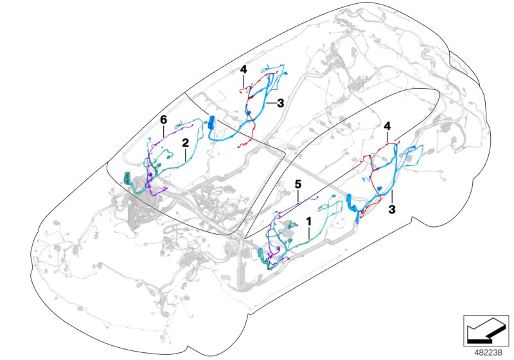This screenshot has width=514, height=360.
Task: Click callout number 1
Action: coord(309,221)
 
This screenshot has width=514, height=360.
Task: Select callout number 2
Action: coord(184,143)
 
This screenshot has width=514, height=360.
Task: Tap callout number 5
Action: coord(297,184)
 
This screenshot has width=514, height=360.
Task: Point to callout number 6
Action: coord(163,120)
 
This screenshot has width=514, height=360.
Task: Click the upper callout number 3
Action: coord(280,102)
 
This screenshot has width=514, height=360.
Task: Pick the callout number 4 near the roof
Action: coord(244,69)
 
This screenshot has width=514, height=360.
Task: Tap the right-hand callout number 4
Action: coord(387,127)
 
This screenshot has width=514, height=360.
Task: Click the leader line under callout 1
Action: coord(309,233)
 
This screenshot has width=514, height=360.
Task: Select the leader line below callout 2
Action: coord(184,154)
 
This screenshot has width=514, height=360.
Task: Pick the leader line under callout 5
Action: coord(297,195)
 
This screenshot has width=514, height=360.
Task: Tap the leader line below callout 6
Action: coord(163,130)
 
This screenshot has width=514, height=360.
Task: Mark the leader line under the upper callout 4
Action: coord(244,80)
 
